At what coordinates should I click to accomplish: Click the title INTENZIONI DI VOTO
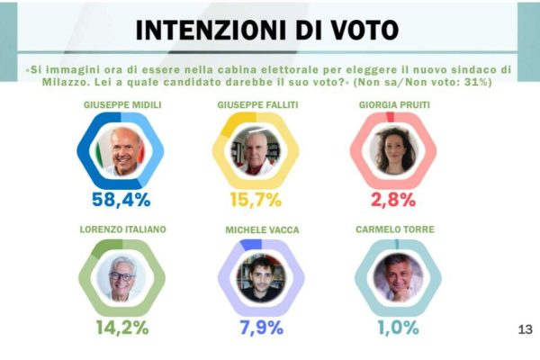[266, 29]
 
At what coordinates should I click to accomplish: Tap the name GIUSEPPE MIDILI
[122, 105]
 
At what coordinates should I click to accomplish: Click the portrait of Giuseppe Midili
[122, 150]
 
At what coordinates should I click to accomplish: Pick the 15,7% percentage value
[257, 200]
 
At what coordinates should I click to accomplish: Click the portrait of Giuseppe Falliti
[257, 150]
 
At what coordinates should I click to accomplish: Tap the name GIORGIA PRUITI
[395, 105]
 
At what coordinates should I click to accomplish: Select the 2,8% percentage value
[394, 200]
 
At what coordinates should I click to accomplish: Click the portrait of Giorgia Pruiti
[394, 150]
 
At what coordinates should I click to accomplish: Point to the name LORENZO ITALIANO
[122, 230]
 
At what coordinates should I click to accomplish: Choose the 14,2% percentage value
[123, 327]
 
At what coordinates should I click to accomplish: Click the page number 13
[526, 330]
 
